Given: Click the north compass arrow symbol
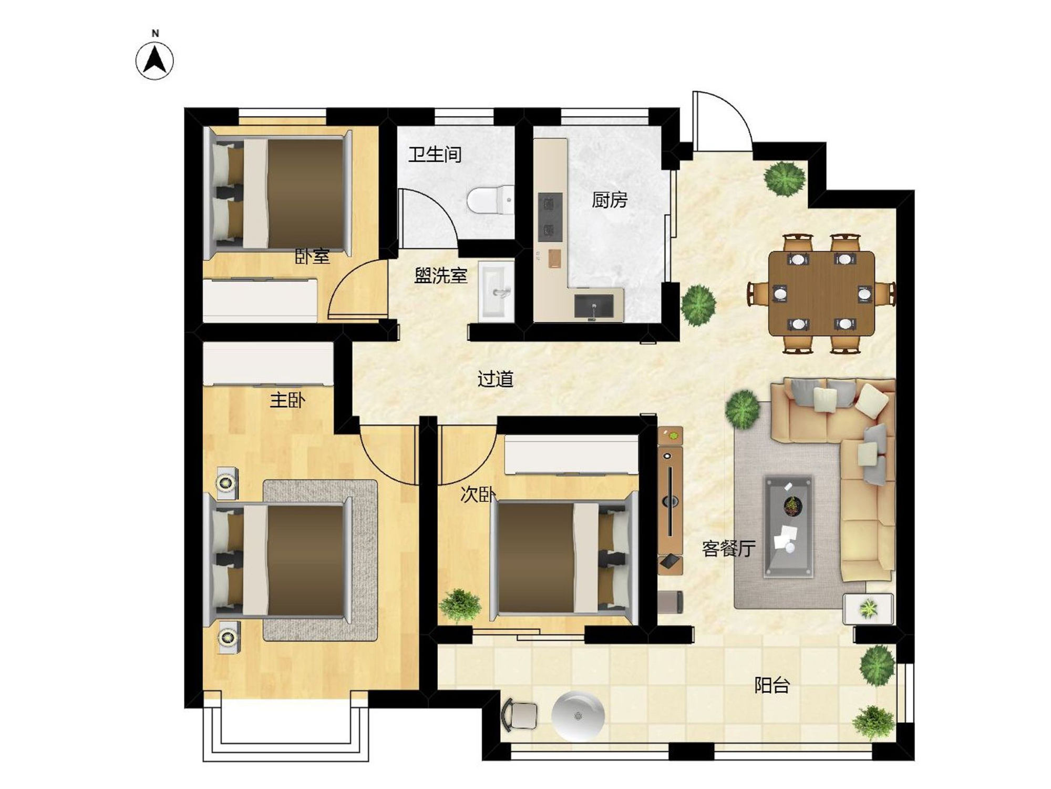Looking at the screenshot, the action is pyautogui.click(x=155, y=61).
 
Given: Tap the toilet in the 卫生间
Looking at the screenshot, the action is pyautogui.click(x=491, y=199).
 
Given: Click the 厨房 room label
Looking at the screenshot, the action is pyautogui.click(x=610, y=200).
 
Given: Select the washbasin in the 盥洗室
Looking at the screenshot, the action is pyautogui.click(x=496, y=291).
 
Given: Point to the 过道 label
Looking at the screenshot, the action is pyautogui.click(x=495, y=379).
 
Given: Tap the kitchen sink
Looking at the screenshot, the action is pyautogui.click(x=594, y=306).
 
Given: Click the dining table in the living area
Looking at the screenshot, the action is pyautogui.click(x=821, y=294).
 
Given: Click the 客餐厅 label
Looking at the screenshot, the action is pyautogui.click(x=729, y=549).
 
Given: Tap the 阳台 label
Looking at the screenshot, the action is pyautogui.click(x=772, y=685).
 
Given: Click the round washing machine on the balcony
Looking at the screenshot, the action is pyautogui.click(x=578, y=716).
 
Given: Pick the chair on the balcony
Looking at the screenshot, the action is pyautogui.click(x=520, y=715).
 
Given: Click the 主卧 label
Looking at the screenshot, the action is pyautogui.click(x=287, y=401).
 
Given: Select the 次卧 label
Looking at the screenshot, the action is pyautogui.click(x=478, y=494).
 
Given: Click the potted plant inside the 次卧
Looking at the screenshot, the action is pyautogui.click(x=460, y=605).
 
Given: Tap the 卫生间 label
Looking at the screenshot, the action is pyautogui.click(x=435, y=155).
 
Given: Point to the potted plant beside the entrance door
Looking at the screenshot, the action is pyautogui.click(x=785, y=179).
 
